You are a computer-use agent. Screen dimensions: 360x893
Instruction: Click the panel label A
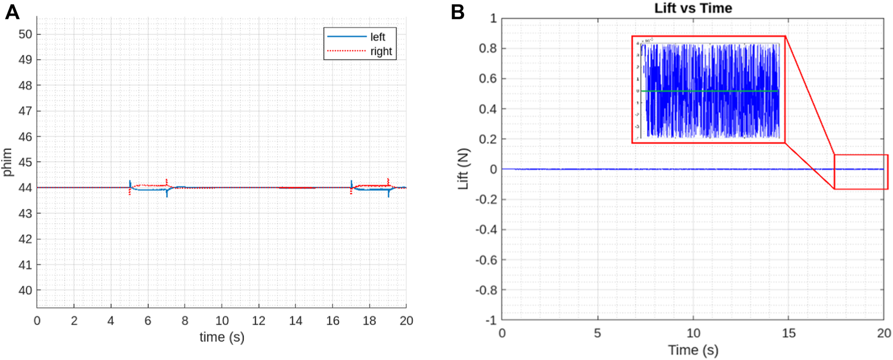pyautogui.click(x=12, y=12)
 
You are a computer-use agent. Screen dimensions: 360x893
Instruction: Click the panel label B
pyautogui.click(x=457, y=12)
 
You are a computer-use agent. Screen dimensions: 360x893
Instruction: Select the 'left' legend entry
pyautogui.click(x=377, y=37)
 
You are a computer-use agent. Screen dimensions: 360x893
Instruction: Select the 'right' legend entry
pyautogui.click(x=380, y=51)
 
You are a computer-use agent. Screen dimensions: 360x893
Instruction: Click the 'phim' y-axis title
pyautogui.click(x=7, y=162)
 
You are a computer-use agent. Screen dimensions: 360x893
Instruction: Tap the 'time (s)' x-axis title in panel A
pyautogui.click(x=222, y=337)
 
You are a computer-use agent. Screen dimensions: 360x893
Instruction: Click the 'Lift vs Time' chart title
pyautogui.click(x=693, y=8)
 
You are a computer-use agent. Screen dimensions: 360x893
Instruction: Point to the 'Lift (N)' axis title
pyautogui.click(x=463, y=169)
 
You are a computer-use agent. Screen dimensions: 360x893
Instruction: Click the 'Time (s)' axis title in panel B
pyautogui.click(x=693, y=350)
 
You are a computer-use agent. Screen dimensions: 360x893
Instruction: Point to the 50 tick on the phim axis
pyautogui.click(x=25, y=34)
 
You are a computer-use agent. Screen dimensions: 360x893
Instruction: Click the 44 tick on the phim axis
pyautogui.click(x=25, y=188)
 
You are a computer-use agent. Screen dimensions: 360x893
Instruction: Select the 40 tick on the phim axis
pyautogui.click(x=25, y=290)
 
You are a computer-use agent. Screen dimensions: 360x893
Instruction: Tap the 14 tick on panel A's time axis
pyautogui.click(x=296, y=321)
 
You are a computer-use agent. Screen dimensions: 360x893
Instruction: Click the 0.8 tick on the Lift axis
pyautogui.click(x=487, y=48)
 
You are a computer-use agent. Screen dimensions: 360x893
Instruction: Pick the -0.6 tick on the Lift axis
pyautogui.click(x=486, y=260)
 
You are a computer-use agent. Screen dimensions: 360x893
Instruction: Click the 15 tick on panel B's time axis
pyautogui.click(x=789, y=333)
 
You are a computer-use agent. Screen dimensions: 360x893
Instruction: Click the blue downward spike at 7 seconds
pyautogui.click(x=167, y=194)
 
